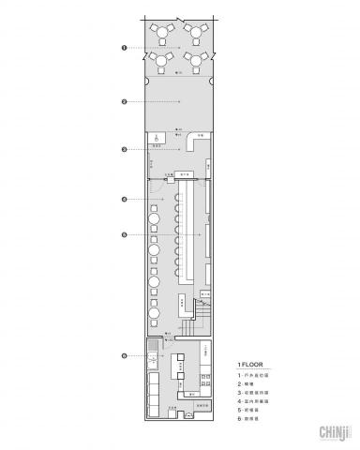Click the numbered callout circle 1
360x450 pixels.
click(x=124, y=46)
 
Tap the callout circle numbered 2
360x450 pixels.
click(x=124, y=100)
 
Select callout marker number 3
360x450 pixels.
click(x=124, y=149)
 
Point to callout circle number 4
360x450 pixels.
click(x=124, y=200)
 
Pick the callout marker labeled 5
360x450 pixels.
click(x=124, y=233)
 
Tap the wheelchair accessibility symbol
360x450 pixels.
click(x=157, y=137)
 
